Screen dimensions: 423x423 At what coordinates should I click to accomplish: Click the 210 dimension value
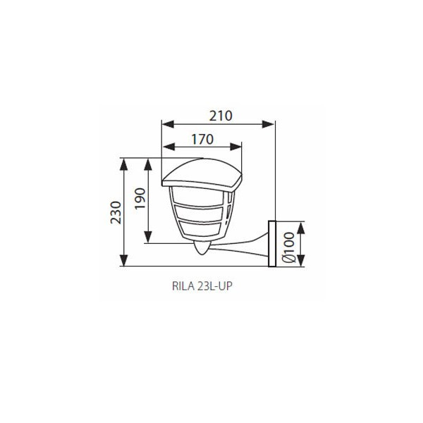pos(221,116)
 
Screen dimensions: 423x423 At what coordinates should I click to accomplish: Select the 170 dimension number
pos(202,140)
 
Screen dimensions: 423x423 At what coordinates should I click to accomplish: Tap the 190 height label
pos(140,199)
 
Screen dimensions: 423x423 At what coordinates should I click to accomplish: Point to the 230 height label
pos(116,212)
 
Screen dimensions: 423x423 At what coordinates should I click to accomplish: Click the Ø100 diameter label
pos(288,247)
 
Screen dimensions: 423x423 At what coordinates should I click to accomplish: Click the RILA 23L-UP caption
pos(202,286)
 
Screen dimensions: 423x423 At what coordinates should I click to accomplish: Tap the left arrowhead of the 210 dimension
pos(168,124)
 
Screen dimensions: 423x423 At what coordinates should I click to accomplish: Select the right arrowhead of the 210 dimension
pos(268,124)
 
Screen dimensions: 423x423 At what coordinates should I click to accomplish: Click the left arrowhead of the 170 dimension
pos(169,147)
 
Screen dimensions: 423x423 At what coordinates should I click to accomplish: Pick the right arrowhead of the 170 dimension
pos(235,147)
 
